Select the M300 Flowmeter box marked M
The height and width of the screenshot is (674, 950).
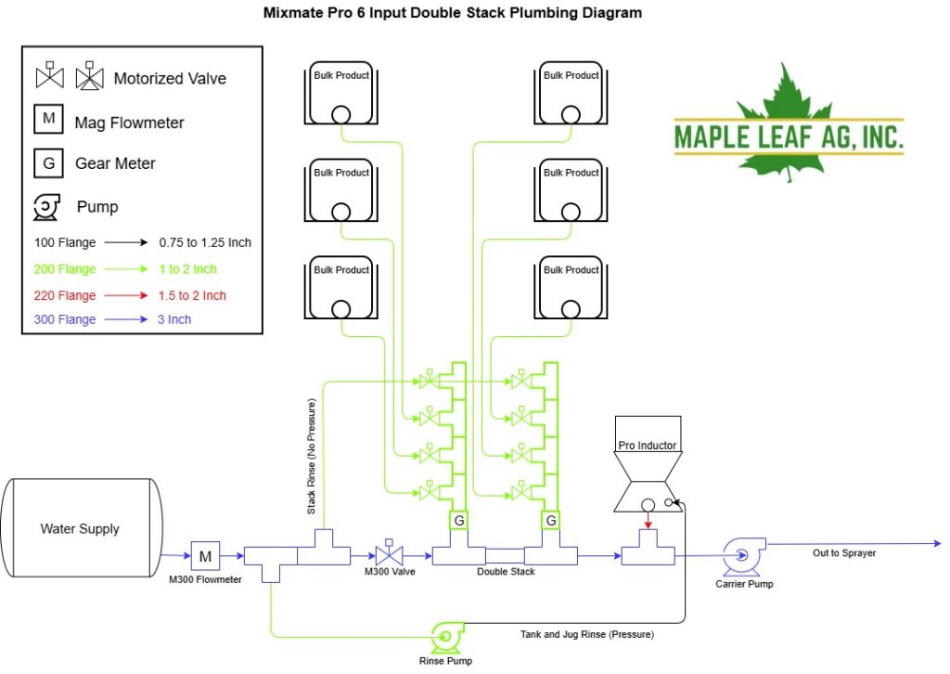click(205, 556)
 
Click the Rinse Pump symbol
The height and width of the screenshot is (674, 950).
click(448, 637)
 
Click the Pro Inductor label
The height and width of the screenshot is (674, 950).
click(647, 445)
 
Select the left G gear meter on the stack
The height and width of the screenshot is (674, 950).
click(458, 520)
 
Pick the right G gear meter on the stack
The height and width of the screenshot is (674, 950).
click(551, 520)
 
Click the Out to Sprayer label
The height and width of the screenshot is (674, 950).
click(844, 552)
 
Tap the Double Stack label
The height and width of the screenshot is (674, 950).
click(506, 571)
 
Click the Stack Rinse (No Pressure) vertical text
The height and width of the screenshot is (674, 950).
click(312, 457)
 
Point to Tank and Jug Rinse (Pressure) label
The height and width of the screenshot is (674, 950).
click(587, 634)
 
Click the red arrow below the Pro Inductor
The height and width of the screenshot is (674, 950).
click(648, 520)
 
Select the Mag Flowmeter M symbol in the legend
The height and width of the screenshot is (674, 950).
click(48, 118)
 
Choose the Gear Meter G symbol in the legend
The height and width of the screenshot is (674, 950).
click(48, 163)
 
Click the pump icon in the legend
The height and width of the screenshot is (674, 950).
click(46, 207)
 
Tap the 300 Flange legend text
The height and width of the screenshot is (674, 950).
click(65, 319)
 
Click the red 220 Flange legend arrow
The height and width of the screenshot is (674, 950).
click(126, 295)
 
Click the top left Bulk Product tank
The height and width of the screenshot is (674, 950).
click(341, 93)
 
